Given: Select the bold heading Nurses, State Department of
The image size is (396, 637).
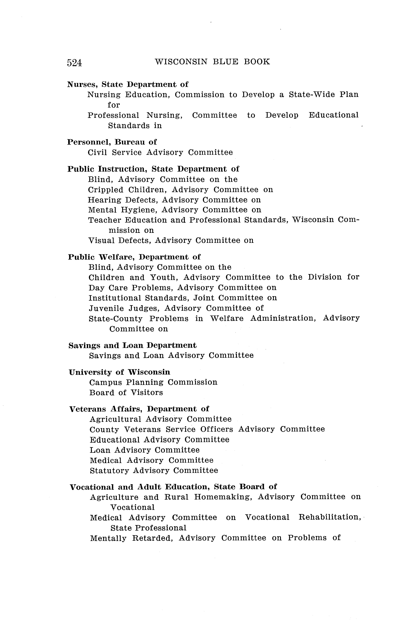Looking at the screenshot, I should [x=128, y=84].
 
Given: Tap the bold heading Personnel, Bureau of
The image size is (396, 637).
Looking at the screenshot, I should [x=112, y=142].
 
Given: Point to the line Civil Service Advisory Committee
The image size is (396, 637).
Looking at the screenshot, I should [x=160, y=152].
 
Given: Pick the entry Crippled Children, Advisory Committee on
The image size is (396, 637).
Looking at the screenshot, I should [x=180, y=190].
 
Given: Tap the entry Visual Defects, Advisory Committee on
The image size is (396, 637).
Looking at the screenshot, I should [x=171, y=240].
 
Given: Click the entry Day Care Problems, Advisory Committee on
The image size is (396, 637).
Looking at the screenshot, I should [x=182, y=288].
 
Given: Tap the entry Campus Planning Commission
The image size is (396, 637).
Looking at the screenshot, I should [x=153, y=382].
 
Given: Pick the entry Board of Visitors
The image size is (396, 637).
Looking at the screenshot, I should [x=126, y=392].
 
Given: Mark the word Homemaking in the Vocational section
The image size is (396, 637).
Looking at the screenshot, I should [x=223, y=497].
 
